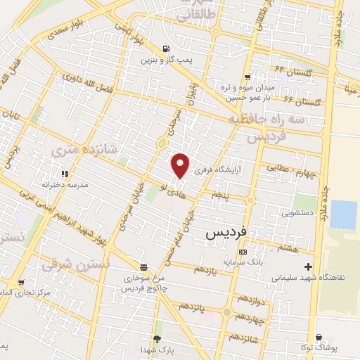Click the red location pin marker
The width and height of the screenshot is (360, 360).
(x=181, y=166)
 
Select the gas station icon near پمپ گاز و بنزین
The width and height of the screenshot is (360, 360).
(x=165, y=49)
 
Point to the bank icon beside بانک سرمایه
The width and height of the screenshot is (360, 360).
(x=243, y=252)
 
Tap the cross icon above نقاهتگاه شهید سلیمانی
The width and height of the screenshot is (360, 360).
(x=308, y=266)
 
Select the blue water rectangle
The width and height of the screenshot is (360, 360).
(x=344, y=214)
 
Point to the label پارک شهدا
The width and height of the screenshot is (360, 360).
(x=156, y=349)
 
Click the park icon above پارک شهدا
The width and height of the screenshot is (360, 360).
(x=156, y=339)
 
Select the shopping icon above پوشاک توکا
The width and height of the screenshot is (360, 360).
(x=321, y=337)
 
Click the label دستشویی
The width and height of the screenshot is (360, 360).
(x=298, y=210)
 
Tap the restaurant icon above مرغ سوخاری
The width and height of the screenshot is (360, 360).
(x=143, y=267)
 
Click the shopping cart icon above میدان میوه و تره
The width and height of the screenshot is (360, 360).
(x=247, y=77)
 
